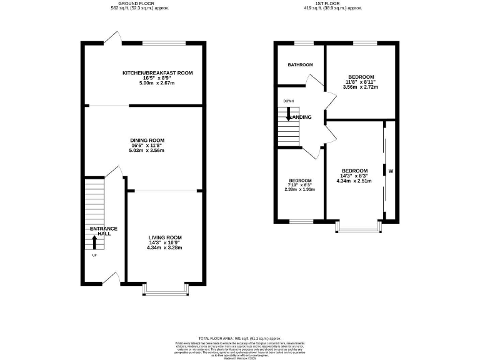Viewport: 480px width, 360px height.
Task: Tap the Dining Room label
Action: [x=147, y=140]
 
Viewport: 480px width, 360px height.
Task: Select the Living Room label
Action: [x=165, y=237]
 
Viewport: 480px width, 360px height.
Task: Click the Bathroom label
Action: [x=300, y=64]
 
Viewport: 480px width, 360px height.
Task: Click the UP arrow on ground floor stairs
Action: [x=95, y=242]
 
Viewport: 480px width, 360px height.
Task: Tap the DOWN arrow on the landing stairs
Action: [x=288, y=113]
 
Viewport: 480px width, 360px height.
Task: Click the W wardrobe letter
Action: [x=391, y=171]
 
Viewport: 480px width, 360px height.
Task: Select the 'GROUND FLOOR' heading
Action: [x=139, y=3]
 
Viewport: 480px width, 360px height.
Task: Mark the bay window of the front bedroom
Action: [x=358, y=226]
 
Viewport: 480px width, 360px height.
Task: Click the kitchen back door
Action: [x=112, y=39]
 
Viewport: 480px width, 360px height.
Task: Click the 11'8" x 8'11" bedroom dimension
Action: [x=360, y=82]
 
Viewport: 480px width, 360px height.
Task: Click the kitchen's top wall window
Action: [x=164, y=43]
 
